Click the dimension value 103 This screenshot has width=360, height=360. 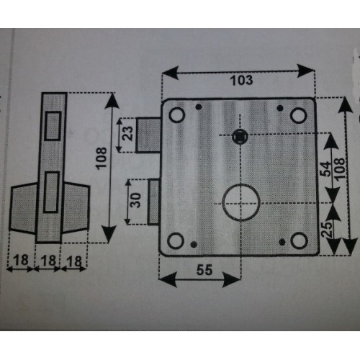[241, 81]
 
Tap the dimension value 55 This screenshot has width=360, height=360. [204, 270]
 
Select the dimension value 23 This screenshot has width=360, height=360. [127, 133]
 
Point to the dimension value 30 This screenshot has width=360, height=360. [136, 200]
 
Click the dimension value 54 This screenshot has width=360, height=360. [325, 169]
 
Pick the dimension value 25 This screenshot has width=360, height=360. [327, 230]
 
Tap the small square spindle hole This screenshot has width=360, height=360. [239, 137]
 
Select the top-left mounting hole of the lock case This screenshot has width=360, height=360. [177, 114]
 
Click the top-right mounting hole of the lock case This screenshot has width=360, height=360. [299, 115]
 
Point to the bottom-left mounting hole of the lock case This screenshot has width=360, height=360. [176, 240]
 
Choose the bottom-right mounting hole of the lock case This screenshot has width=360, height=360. [299, 241]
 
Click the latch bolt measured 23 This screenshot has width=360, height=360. [148, 135]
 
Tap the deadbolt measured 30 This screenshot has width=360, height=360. [153, 202]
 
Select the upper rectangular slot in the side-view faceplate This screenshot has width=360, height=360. [53, 126]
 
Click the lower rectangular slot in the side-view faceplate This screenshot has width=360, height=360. [52, 192]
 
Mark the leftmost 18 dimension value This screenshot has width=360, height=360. [21, 260]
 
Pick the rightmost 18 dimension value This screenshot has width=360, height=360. [74, 261]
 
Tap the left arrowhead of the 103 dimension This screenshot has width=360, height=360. [171, 72]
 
